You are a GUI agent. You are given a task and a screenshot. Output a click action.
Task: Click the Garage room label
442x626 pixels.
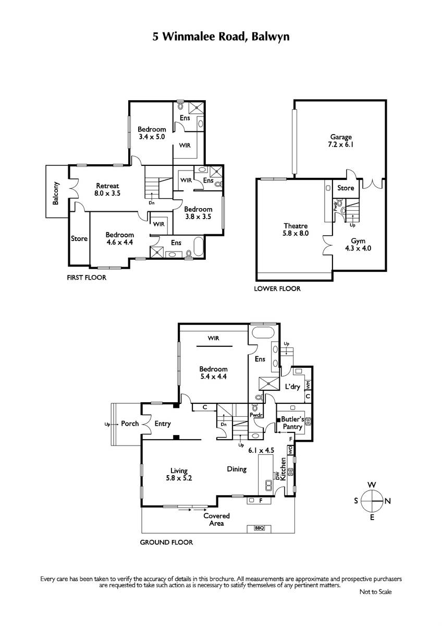(341, 140)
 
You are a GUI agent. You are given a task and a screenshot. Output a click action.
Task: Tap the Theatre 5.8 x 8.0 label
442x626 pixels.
(296, 230)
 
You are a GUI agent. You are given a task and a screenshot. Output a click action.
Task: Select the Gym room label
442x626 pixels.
(358, 245)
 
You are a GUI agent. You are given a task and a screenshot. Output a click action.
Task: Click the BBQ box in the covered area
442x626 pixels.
(260, 528)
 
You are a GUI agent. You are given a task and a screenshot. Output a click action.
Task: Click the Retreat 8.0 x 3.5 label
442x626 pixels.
(107, 189)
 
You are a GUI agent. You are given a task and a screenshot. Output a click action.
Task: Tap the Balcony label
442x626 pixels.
(56, 194)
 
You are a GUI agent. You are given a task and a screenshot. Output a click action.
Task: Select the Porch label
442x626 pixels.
(130, 424)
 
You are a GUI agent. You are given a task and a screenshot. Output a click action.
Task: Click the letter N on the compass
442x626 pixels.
(388, 501)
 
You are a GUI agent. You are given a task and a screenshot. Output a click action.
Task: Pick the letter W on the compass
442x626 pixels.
(372, 485)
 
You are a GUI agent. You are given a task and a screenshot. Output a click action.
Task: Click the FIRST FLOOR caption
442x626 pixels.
(87, 278)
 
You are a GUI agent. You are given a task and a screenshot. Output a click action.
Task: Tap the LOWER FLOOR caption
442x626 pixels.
(277, 288)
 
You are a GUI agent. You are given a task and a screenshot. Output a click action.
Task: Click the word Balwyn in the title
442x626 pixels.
(271, 37)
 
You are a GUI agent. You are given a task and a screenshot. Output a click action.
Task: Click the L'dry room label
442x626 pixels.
(292, 387)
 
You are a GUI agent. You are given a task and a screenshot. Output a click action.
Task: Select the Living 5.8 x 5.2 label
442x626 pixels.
(179, 474)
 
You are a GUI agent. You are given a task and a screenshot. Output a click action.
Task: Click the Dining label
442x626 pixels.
(237, 469)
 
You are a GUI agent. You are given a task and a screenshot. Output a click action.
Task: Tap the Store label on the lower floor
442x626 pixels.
(346, 188)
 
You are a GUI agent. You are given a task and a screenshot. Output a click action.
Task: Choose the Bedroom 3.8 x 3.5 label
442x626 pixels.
(198, 213)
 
